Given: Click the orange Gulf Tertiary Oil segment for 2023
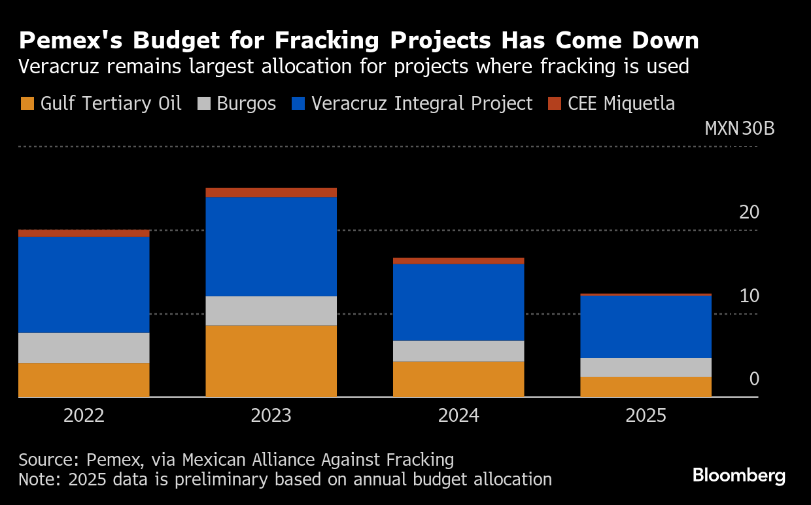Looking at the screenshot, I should (271, 360).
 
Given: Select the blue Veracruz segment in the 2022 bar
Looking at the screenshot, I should (84, 284).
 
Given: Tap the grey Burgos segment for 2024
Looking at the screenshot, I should (458, 351).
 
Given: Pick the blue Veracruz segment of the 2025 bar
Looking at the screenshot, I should (646, 326).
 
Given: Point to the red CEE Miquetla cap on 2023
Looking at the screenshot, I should (271, 192).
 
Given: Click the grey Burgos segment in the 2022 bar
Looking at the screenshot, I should (84, 347).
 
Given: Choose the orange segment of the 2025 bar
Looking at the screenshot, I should (646, 387).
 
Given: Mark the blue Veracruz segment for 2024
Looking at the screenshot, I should (458, 302).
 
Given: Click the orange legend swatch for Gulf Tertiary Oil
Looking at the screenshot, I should (27, 103).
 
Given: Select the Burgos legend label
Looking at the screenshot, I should (245, 103).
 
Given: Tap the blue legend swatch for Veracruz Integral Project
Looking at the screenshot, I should (298, 103).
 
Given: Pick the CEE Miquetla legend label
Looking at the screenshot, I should (621, 103).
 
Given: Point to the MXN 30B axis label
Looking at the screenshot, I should (739, 128).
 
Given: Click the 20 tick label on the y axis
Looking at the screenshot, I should (749, 212).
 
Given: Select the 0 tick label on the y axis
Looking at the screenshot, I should (754, 379).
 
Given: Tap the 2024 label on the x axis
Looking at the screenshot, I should (458, 416).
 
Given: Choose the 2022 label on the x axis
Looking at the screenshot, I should (84, 416).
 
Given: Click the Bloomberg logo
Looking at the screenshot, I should (738, 475).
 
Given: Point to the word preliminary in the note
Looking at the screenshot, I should (202, 479).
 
